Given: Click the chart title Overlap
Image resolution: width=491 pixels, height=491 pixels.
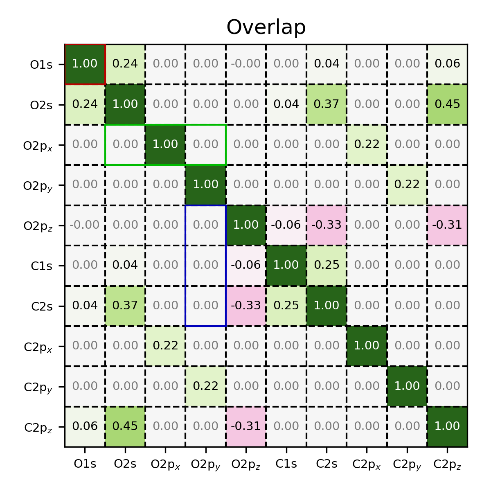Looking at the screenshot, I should pos(266,28).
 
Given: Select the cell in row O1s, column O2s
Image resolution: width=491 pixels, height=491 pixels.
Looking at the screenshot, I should pos(125,64).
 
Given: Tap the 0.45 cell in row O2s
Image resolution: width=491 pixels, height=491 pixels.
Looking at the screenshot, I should pos(448,104).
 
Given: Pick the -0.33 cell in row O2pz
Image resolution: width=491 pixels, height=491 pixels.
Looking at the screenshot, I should pos(327,225).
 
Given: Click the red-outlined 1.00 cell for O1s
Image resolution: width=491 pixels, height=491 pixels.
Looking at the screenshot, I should pos(85,64).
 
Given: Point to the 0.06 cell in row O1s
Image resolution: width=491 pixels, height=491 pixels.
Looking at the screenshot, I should pos(448,64).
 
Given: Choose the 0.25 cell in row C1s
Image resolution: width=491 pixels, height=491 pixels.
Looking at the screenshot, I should pos(327,265).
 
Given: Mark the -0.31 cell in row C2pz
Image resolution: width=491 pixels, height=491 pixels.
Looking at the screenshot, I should pos(246,426).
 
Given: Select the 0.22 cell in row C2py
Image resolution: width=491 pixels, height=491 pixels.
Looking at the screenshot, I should pos(206,386).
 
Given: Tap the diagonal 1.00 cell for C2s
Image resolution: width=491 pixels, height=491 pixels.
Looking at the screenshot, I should pos(327,306).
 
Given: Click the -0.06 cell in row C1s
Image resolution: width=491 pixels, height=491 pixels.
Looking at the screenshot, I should pos(246,265).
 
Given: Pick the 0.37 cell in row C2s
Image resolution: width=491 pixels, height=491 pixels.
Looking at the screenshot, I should pos(125,306).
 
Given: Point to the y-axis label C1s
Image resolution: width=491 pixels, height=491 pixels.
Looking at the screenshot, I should pos(42,266).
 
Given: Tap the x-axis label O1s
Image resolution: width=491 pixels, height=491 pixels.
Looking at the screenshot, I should pos(85,464).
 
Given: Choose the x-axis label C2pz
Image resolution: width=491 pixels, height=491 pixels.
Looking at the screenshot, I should pos(448,465).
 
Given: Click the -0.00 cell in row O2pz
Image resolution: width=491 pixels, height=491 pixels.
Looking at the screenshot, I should pos(85,225).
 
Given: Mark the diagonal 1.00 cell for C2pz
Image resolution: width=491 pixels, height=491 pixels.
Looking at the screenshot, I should pos(448,426).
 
